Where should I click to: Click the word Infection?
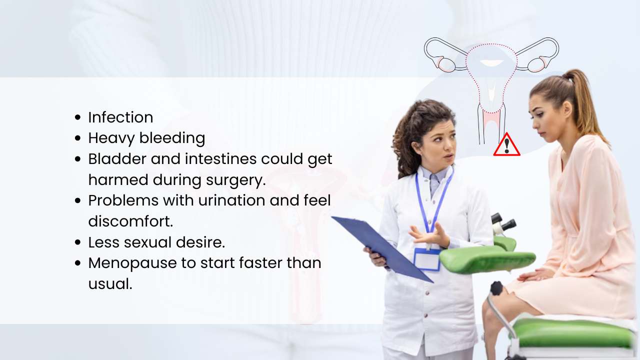pyautogui.click(x=120, y=117)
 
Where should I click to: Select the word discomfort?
pyautogui.click(x=130, y=221)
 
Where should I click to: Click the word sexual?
pyautogui.click(x=152, y=242)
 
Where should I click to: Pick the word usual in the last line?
pyautogui.click(x=110, y=284)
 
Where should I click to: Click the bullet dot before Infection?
pyautogui.click(x=77, y=118)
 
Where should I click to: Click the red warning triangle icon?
pyautogui.click(x=506, y=146)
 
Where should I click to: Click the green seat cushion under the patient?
pyautogui.click(x=570, y=332)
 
